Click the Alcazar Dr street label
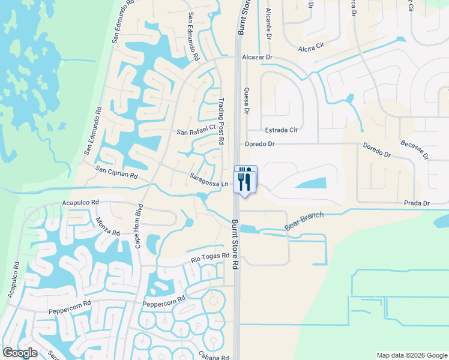pos(257,58)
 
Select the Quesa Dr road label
pos(246,99)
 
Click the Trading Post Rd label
pos(221,121)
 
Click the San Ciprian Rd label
pos(116,173)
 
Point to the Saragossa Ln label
pos(209,179)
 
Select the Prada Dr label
pos(417,203)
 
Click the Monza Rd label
pos(108,226)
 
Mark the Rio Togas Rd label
pos(210,257)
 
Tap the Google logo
pos(20,353)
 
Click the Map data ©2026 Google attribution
pos(411,355)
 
